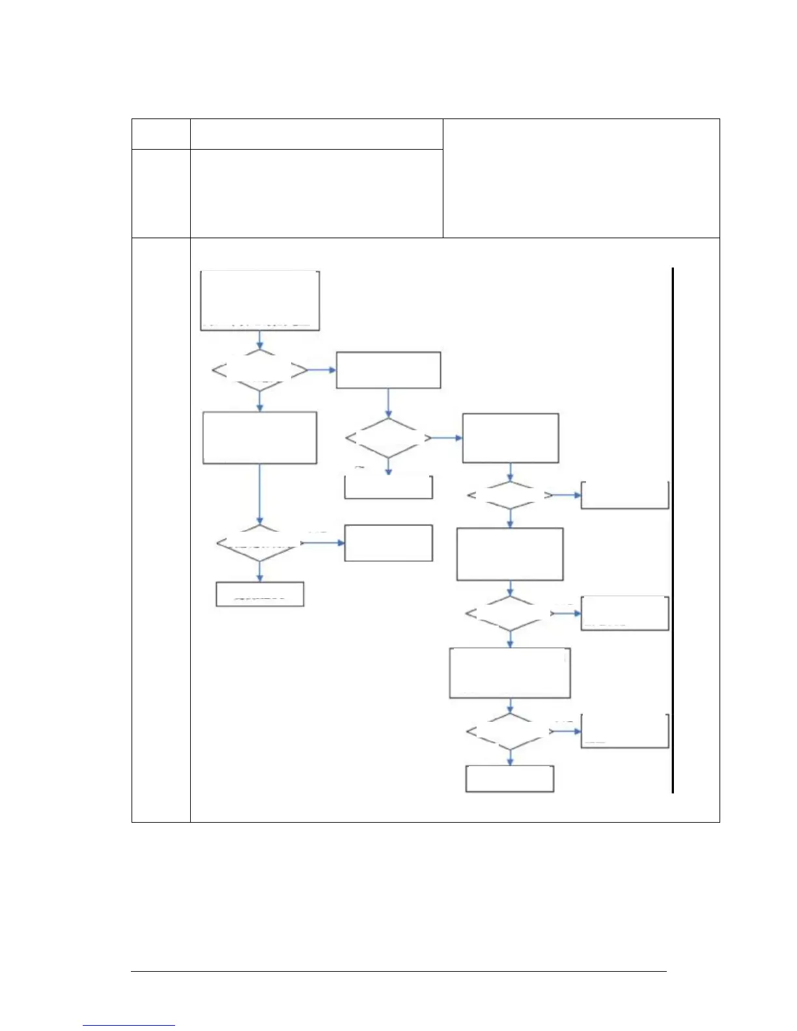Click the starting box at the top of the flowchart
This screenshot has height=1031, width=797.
click(260, 300)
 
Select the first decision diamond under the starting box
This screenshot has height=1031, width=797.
click(260, 370)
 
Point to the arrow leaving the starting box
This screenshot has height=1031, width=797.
click(260, 340)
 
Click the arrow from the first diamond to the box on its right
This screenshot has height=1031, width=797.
click(322, 370)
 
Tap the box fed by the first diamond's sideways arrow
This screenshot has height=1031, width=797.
click(388, 370)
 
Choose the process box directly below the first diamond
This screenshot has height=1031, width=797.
click(260, 437)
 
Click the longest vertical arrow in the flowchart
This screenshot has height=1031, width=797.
click(260, 493)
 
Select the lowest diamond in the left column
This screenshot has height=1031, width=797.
click(260, 542)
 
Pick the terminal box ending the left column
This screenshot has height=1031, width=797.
click(260, 594)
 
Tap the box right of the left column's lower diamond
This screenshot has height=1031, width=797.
click(388, 542)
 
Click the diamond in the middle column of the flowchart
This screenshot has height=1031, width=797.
click(388, 438)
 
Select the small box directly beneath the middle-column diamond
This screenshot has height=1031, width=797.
click(388, 487)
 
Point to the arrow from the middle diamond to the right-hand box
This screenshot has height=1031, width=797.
click(447, 438)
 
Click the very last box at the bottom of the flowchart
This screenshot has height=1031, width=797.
click(510, 778)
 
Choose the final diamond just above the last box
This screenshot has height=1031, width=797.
click(510, 732)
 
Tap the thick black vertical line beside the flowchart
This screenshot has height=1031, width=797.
click(672, 530)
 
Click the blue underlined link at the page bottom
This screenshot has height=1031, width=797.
click(129, 1025)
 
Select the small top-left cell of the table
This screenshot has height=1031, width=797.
click(161, 134)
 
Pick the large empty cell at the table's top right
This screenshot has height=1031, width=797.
click(581, 178)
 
